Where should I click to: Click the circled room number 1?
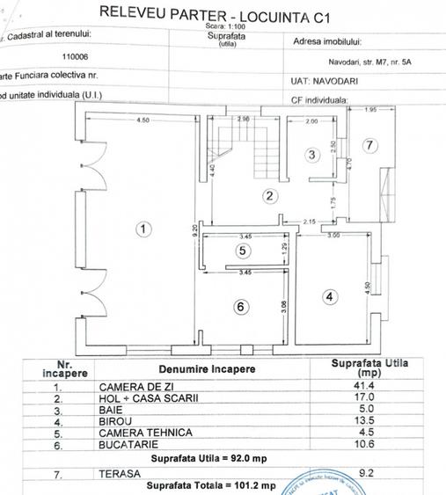pos(144,229)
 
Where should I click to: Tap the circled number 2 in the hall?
pos(271,196)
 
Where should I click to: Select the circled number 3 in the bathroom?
pos(311,156)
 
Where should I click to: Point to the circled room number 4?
pos(329,297)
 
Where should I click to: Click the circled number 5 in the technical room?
pos(243,251)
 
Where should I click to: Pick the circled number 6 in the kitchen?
pos(242,306)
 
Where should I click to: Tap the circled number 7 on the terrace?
pos(370,144)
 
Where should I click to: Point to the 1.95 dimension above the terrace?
pos(370,110)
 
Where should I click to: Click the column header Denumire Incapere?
pos(207,368)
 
